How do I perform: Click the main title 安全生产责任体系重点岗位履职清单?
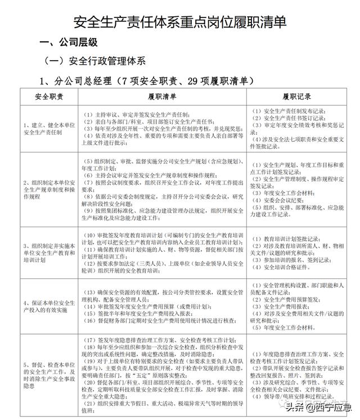[x=180, y=22]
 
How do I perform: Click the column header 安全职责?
[x=48, y=97]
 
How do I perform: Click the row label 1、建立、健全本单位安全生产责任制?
[x=47, y=129]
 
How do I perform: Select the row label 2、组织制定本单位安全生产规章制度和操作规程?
[x=47, y=190]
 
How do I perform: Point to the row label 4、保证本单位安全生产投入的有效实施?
[x=47, y=306]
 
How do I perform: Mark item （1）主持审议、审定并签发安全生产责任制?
[x=135, y=113]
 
